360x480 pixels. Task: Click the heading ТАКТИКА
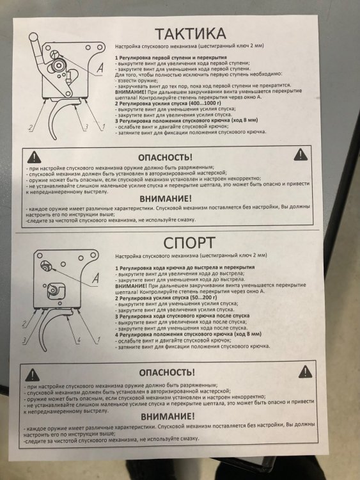coord(191,33)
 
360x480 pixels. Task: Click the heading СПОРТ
coord(189,243)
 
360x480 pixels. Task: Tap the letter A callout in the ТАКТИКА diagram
coord(100,68)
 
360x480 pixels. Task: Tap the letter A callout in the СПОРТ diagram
coord(95,278)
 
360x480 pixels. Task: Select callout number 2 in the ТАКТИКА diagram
coord(30,127)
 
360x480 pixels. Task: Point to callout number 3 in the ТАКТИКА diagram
coord(86,127)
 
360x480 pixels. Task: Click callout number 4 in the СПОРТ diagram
coord(79,340)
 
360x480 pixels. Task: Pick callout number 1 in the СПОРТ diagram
coord(98,339)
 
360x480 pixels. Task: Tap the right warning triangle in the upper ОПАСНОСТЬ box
coord(301,155)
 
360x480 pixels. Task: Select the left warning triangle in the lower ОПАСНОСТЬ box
coord(32,374)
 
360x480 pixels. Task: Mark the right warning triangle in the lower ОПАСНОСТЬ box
coord(305,372)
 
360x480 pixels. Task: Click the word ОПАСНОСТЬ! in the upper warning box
coord(165,157)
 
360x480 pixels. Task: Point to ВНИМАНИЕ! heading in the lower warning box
coord(168,417)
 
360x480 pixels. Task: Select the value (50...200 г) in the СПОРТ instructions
coord(202,298)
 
